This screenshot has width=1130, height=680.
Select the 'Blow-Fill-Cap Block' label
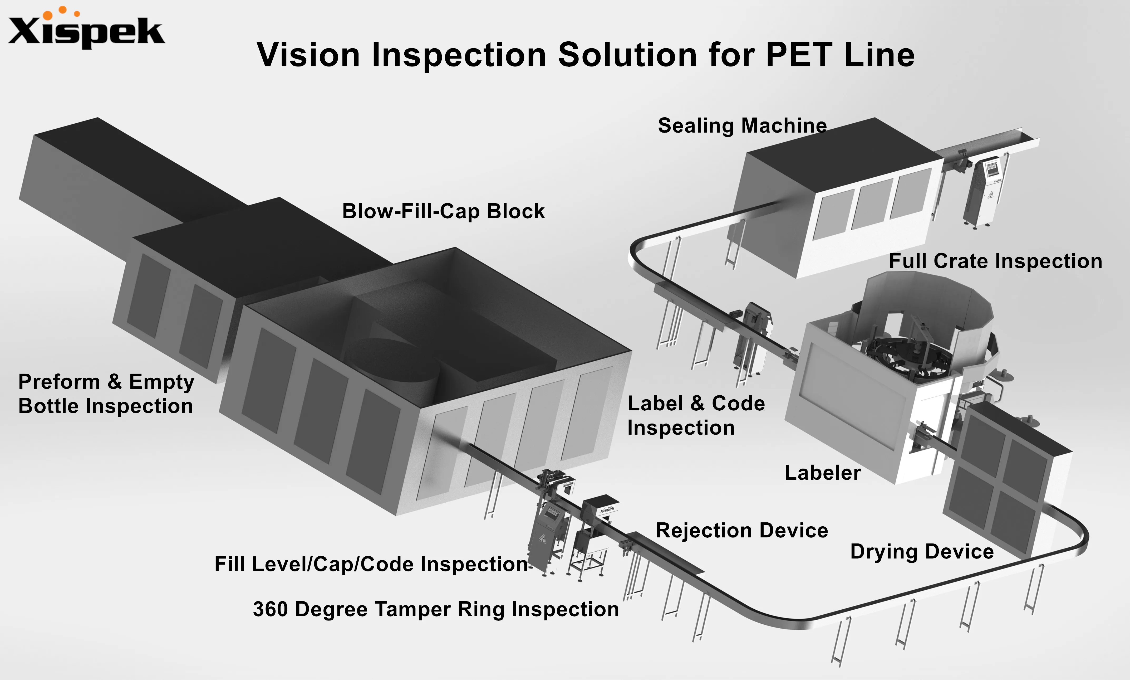coord(443,211)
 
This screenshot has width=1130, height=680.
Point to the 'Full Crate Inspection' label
coord(995,261)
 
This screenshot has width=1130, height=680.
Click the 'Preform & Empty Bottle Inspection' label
coord(106,394)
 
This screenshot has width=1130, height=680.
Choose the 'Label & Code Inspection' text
coord(695,415)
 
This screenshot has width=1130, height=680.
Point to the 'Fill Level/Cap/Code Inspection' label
coord(371,564)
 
